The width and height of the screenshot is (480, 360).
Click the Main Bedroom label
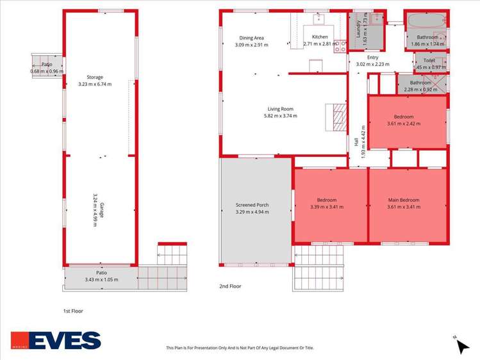pyautogui.click(x=404, y=200)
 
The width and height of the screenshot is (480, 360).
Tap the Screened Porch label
pyautogui.click(x=252, y=205)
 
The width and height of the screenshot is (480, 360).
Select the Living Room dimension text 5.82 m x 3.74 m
pyautogui.click(x=281, y=116)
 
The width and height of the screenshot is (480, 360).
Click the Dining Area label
pyautogui.click(x=251, y=38)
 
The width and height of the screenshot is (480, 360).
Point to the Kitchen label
pyautogui.click(x=320, y=37)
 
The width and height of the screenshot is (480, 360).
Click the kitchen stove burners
pyautogui.click(x=340, y=46)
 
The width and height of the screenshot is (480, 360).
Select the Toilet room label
pyautogui.click(x=429, y=61)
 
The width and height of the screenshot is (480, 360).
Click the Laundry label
pyautogui.click(x=358, y=29)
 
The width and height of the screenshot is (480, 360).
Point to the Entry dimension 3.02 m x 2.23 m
pyautogui.click(x=372, y=64)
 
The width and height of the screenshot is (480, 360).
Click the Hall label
pyautogui.click(x=356, y=142)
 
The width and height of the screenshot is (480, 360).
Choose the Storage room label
pyautogui.click(x=95, y=78)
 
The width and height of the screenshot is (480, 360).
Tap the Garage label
pyautogui.click(x=102, y=210)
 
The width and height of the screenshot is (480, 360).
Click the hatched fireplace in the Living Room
pyautogui.click(x=340, y=117)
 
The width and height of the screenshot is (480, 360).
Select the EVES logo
pyautogui.click(x=56, y=340)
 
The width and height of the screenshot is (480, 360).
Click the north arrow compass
pyautogui.click(x=461, y=346)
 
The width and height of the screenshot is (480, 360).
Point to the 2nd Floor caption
pyautogui.click(x=230, y=286)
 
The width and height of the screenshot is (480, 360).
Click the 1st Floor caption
pyautogui.click(x=73, y=311)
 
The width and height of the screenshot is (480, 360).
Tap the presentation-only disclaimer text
pyautogui.click(x=240, y=348)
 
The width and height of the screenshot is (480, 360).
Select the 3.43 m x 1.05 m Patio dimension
pyautogui.click(x=102, y=279)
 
